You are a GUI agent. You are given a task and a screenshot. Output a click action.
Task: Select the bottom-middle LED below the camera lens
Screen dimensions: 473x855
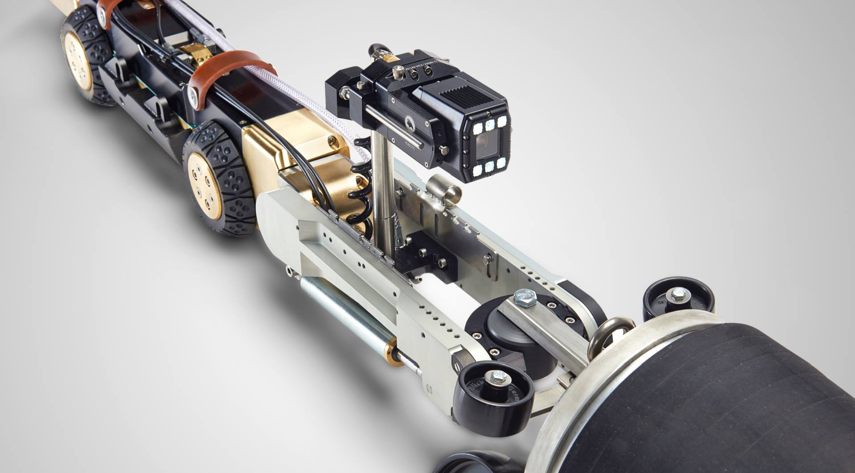[489, 167]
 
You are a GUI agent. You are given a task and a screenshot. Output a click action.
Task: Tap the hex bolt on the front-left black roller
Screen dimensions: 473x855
[496, 378]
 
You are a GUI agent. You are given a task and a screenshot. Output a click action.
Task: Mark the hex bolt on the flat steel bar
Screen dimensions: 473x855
[525, 298]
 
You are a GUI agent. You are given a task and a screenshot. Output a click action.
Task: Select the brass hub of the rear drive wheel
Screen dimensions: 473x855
[78, 60]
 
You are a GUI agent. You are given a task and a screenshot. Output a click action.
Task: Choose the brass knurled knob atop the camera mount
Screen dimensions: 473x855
[392, 57]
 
